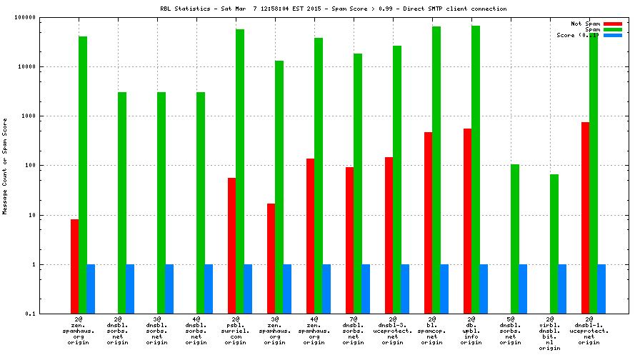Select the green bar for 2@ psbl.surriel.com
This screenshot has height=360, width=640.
[x=239, y=171]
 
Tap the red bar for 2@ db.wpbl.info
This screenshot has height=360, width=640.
[x=467, y=221]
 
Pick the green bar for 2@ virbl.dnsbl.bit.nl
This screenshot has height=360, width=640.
[x=554, y=244]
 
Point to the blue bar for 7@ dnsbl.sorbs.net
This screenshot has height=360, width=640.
[x=365, y=289]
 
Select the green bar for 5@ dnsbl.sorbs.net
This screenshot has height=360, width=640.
[x=514, y=239]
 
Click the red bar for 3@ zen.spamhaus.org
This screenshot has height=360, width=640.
[x=271, y=259]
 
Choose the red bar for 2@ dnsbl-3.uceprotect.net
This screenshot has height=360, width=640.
[x=389, y=235]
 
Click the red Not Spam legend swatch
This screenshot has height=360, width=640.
[x=613, y=24]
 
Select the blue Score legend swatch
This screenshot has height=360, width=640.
[x=613, y=35]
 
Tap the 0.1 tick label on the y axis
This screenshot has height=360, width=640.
[x=51, y=314]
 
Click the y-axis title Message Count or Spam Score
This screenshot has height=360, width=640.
[x=5, y=166]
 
